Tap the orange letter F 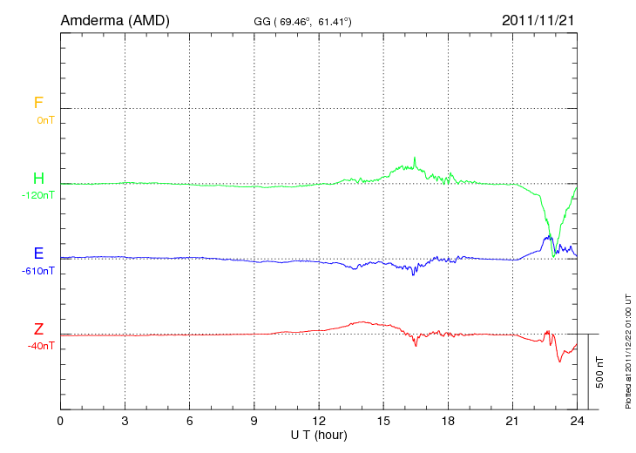coord(38,103)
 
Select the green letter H coord(38,179)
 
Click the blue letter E coord(38,254)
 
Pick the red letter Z coord(38,328)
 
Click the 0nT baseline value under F coord(45,120)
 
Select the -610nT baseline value coord(37,271)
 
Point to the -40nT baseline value coord(40,346)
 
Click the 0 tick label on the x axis coord(60,422)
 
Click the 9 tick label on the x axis coord(254,422)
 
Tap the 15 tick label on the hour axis coord(383,422)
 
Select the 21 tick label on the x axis coord(512,422)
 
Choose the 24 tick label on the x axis coord(577,422)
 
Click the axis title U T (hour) coord(319,434)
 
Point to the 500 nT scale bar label coord(599,372)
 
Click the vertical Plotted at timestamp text coord(627,349)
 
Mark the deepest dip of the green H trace coord(553,257)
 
